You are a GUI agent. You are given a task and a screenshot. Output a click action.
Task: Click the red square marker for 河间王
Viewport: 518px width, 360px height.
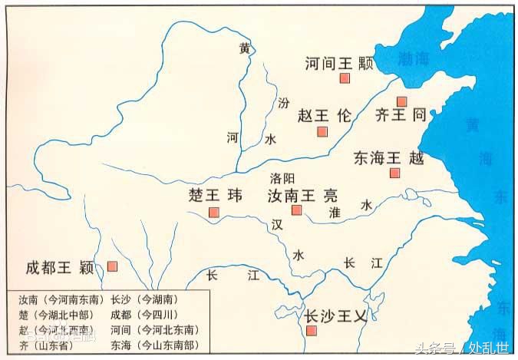point(345,79)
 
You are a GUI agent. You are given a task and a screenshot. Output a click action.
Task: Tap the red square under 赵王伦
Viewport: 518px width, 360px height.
point(322,131)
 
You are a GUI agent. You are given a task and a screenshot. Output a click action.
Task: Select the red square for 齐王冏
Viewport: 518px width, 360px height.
point(401,101)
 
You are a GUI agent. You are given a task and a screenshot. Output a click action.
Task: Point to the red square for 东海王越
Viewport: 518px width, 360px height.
point(394,173)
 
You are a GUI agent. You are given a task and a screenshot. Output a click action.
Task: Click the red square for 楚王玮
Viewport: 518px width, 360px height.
point(214,212)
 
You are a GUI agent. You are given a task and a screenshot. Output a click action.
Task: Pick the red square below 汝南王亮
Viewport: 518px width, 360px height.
point(297,210)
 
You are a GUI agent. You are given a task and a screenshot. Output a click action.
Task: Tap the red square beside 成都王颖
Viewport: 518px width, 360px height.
point(113,266)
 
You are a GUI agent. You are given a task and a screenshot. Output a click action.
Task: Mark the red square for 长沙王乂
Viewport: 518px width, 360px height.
point(312,331)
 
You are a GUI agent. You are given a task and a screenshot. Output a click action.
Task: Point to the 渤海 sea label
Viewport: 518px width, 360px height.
point(414,60)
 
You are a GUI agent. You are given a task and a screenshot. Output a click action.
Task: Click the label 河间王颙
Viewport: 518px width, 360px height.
point(338,63)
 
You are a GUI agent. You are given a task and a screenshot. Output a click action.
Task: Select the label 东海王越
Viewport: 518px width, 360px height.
point(388,158)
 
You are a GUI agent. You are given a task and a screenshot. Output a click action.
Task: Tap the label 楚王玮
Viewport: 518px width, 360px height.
point(215,195)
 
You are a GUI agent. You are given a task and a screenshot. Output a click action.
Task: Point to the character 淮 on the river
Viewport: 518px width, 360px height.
point(334,212)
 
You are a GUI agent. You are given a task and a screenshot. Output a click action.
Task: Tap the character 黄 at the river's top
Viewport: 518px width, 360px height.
point(244,48)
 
